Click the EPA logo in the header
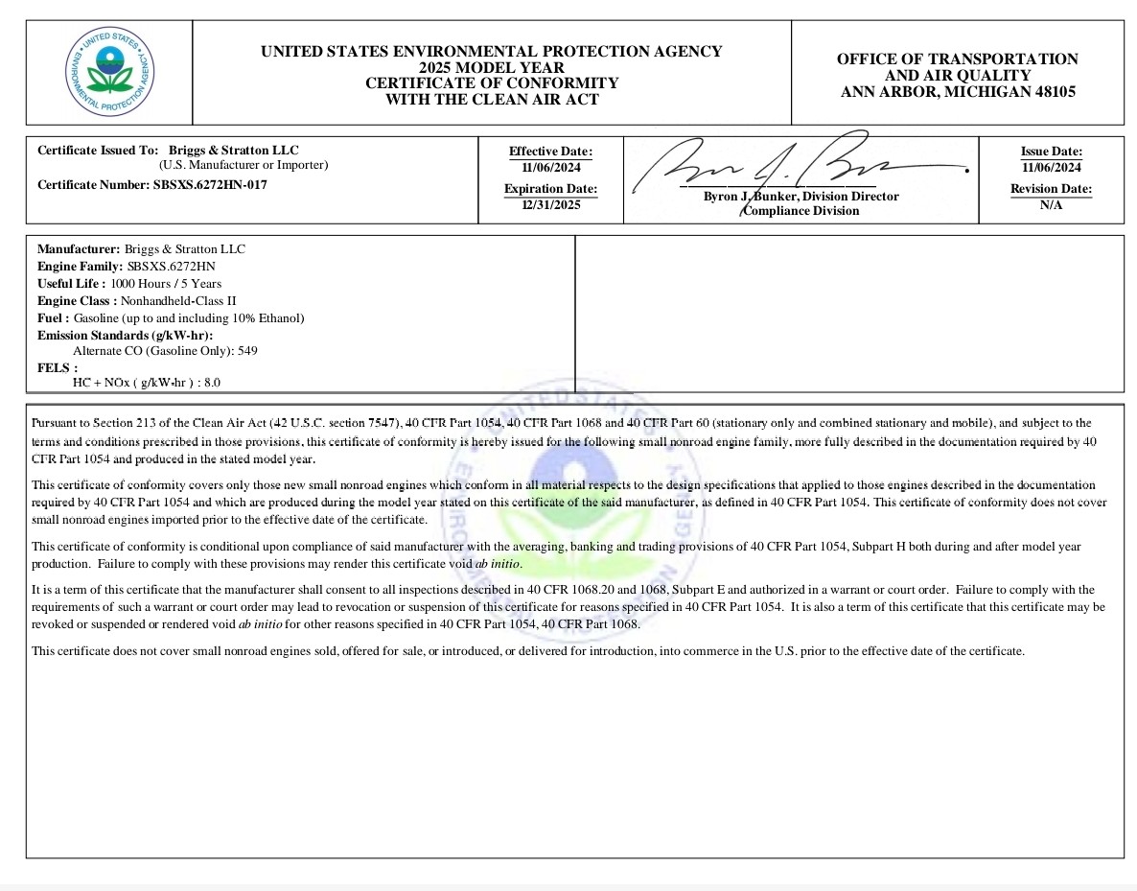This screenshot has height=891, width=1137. point(108,72)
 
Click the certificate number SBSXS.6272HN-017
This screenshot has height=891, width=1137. point(210,185)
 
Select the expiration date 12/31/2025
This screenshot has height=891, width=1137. point(550,205)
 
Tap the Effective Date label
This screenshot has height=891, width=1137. point(550,152)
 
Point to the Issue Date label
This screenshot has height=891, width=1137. point(1051,152)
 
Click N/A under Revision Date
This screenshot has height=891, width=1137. point(1051,205)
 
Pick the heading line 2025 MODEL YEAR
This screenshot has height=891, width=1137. point(491,68)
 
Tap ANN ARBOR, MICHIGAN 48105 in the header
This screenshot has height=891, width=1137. point(958,92)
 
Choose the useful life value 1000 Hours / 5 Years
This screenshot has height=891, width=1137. point(166,283)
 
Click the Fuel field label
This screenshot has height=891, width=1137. point(53,317)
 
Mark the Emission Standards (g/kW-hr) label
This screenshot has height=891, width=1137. point(125,335)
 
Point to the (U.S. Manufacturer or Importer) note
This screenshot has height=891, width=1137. point(244,165)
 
